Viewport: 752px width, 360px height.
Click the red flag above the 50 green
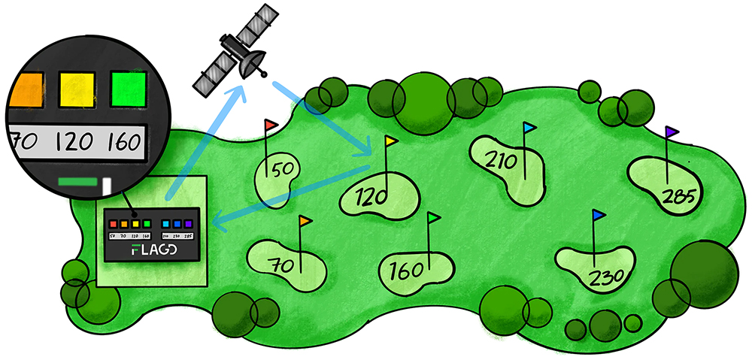tap(271, 123)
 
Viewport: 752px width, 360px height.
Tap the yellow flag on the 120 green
tap(391, 141)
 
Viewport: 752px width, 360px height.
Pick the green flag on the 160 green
tap(434, 218)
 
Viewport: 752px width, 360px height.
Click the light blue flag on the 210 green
tap(529, 128)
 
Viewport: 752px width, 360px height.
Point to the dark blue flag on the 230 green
tap(599, 216)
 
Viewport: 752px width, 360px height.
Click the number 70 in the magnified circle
tap(26, 141)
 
